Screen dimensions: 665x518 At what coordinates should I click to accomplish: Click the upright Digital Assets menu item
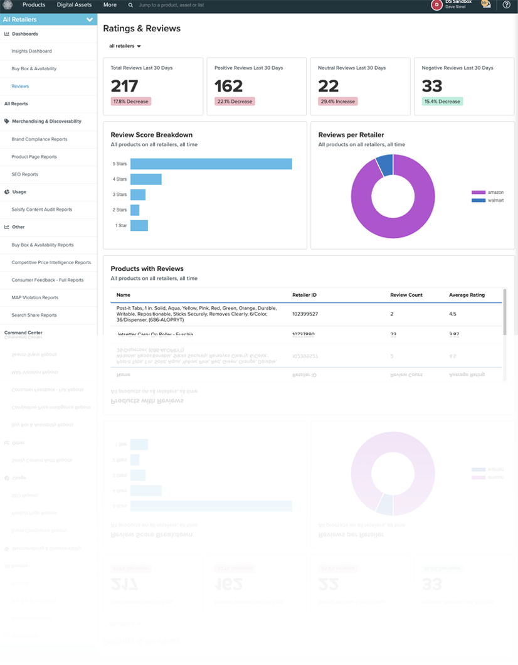click(x=75, y=4)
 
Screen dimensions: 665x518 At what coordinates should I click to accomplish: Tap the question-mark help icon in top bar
click(x=507, y=5)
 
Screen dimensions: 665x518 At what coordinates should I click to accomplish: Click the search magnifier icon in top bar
click(x=130, y=5)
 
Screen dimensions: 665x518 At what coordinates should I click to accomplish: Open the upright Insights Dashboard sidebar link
click(x=31, y=51)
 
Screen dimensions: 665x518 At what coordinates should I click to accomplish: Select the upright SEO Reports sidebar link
click(x=24, y=174)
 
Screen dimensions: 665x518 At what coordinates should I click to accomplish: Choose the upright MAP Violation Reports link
click(x=34, y=297)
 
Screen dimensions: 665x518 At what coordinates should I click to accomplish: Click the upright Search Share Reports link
click(x=34, y=315)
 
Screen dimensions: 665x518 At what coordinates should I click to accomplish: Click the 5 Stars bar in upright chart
click(x=211, y=164)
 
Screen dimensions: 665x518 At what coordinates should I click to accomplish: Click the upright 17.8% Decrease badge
click(x=130, y=101)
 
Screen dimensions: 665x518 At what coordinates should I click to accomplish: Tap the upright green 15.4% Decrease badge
click(x=442, y=101)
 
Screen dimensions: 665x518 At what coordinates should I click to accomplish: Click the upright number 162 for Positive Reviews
click(x=228, y=86)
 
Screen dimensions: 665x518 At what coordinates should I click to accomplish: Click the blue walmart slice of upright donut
click(x=384, y=165)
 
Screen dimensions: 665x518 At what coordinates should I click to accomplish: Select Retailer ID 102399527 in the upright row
click(x=305, y=314)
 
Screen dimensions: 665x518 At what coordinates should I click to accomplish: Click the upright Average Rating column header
click(x=467, y=295)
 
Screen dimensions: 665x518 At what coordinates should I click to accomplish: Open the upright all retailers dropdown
click(x=125, y=46)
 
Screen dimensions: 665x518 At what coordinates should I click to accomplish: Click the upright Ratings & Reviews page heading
click(x=142, y=28)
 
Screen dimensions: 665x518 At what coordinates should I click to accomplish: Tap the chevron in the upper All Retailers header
click(x=90, y=19)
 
